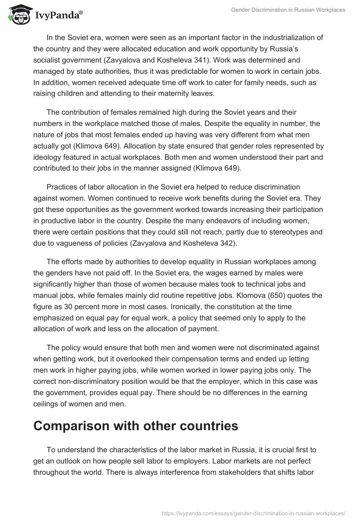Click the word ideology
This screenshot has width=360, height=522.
tap(53, 156)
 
